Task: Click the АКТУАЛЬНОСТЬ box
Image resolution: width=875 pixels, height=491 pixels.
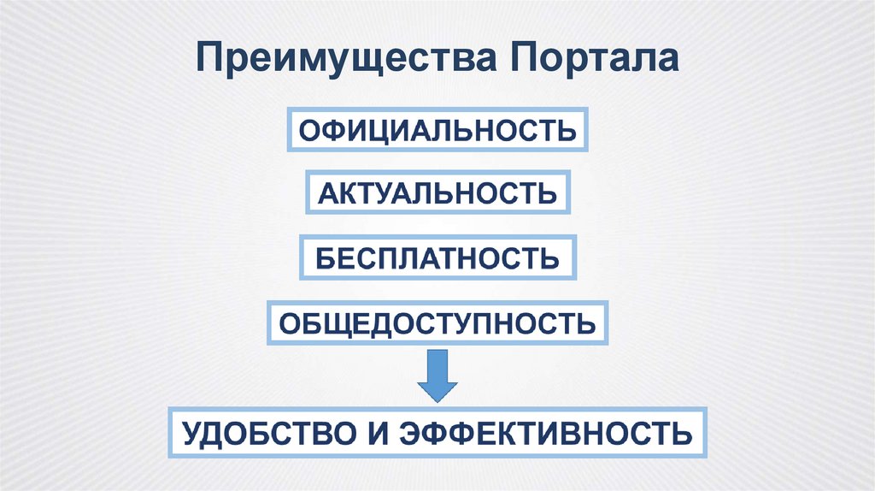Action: [437, 193]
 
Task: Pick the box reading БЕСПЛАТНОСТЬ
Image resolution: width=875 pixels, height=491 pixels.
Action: [437, 257]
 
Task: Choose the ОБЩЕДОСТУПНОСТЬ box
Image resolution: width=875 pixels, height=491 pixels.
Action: [437, 322]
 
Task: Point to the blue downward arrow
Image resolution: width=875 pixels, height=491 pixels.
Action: [438, 374]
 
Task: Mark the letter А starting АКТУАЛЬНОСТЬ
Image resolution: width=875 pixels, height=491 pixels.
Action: [326, 194]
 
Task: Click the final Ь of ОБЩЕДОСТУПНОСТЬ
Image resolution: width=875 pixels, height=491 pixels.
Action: [584, 323]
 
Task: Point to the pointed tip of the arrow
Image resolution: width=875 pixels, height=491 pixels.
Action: [438, 400]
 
